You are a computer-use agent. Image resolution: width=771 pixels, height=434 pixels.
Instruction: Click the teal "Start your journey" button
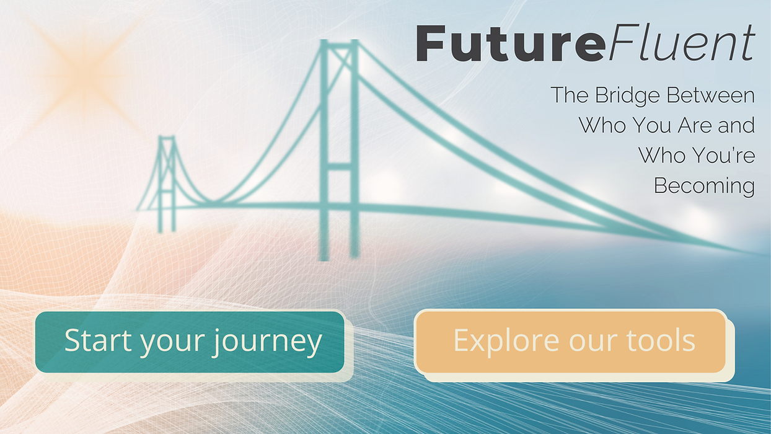pyautogui.click(x=190, y=342)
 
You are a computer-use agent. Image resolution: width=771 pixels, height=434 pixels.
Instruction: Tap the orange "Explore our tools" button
pyautogui.click(x=570, y=341)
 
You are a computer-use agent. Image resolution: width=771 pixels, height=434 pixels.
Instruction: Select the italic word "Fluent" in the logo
pyautogui.click(x=680, y=43)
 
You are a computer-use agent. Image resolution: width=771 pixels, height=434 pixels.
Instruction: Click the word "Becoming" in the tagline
pyautogui.click(x=704, y=185)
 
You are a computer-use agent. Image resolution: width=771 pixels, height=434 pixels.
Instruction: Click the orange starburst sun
pyautogui.click(x=87, y=68)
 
